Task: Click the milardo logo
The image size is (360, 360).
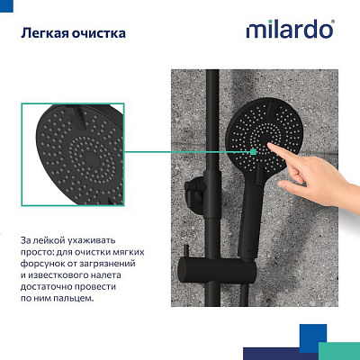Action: pyautogui.click(x=290, y=30)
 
